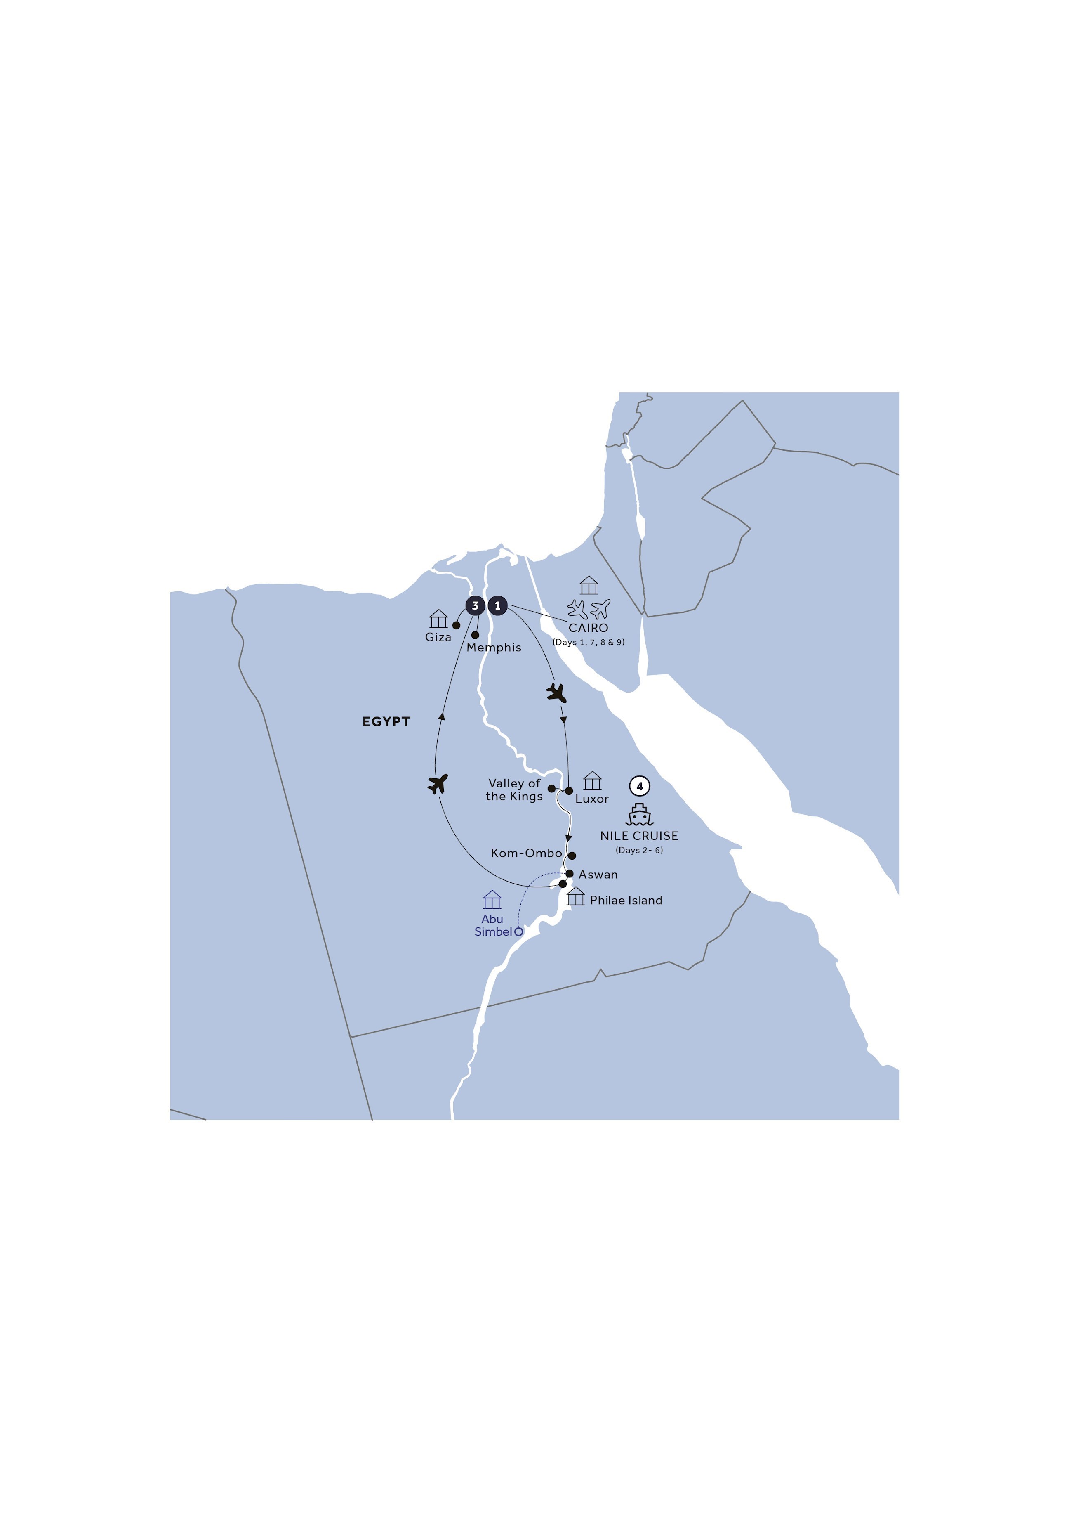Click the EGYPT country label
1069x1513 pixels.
click(x=386, y=721)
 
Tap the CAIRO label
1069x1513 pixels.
click(x=588, y=628)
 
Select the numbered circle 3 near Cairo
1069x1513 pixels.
click(x=475, y=605)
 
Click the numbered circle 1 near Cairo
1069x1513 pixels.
click(x=497, y=605)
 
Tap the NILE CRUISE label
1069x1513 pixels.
click(x=639, y=836)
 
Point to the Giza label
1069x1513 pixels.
click(x=438, y=637)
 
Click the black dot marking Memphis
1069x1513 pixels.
click(x=475, y=635)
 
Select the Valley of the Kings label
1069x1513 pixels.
click(x=514, y=790)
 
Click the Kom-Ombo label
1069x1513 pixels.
click(x=526, y=853)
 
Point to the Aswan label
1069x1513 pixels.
click(x=598, y=875)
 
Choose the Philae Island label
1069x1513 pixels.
click(x=626, y=900)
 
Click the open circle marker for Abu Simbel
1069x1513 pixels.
click(x=518, y=932)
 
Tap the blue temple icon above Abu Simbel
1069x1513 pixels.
click(x=492, y=899)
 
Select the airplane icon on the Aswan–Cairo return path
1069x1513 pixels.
click(x=438, y=784)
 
